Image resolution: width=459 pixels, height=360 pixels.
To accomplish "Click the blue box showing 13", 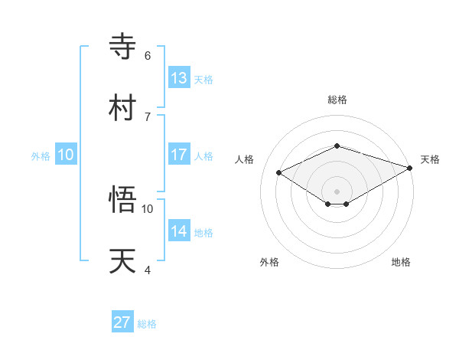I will (x=179, y=78).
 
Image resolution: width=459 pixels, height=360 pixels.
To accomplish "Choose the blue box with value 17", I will (x=179, y=155).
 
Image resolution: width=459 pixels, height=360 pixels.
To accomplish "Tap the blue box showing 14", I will (x=179, y=231).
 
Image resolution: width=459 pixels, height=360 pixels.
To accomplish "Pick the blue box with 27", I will (x=122, y=322).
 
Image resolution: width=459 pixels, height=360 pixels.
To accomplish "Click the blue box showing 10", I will (x=66, y=155).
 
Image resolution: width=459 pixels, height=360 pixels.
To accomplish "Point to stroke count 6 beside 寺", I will (x=148, y=55).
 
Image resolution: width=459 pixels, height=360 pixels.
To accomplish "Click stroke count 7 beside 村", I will (x=148, y=116).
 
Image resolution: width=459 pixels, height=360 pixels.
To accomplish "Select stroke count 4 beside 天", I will (x=148, y=270).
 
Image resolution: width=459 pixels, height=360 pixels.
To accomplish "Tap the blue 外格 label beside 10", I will (x=41, y=156).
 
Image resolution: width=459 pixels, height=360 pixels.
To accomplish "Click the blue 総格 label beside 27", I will (x=147, y=324).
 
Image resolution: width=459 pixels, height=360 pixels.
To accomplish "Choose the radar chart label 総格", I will (x=337, y=100).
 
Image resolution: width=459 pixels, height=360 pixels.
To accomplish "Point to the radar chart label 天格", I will (x=430, y=159).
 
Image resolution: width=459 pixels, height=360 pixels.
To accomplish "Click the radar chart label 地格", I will (x=401, y=262).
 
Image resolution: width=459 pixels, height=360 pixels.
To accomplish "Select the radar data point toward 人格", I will (x=278, y=172).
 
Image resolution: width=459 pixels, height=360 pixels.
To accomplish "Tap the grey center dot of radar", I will (x=337, y=191).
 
